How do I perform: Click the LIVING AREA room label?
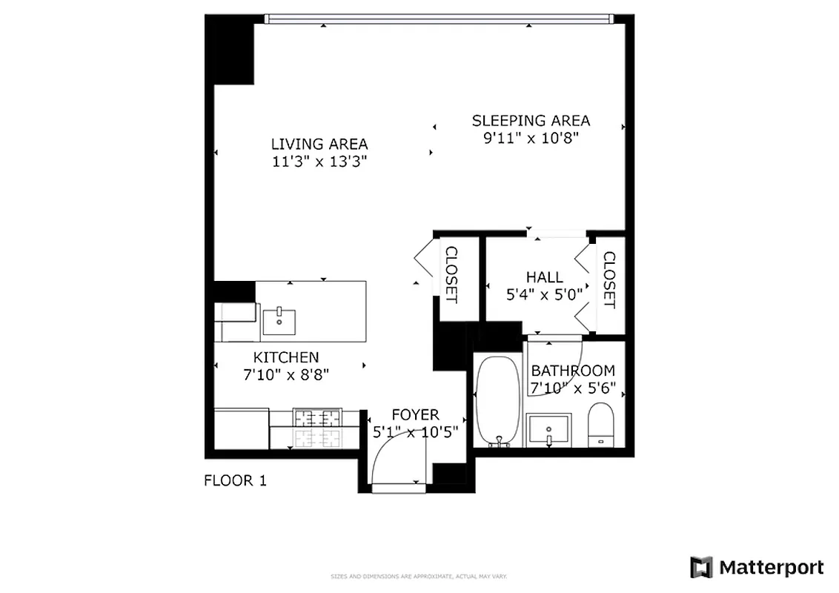[x=319, y=145]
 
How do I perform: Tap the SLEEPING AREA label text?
[x=531, y=120]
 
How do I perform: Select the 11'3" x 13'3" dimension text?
[x=319, y=162]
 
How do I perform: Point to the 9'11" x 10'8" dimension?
[x=531, y=138]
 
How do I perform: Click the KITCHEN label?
[x=286, y=357]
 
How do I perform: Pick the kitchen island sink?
[x=279, y=322]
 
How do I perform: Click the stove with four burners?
[x=317, y=428]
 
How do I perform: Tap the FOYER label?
[x=415, y=415]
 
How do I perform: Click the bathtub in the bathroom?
[x=498, y=401]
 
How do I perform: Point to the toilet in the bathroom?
[x=600, y=425]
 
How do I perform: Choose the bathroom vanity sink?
[x=548, y=430]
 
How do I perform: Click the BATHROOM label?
[x=572, y=371]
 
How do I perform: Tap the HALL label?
[x=544, y=277]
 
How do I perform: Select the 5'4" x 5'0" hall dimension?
[x=544, y=294]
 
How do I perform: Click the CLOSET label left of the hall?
[x=451, y=275]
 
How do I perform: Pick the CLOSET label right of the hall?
[x=608, y=280]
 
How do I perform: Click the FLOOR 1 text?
[x=235, y=481]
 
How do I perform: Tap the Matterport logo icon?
[x=701, y=568]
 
